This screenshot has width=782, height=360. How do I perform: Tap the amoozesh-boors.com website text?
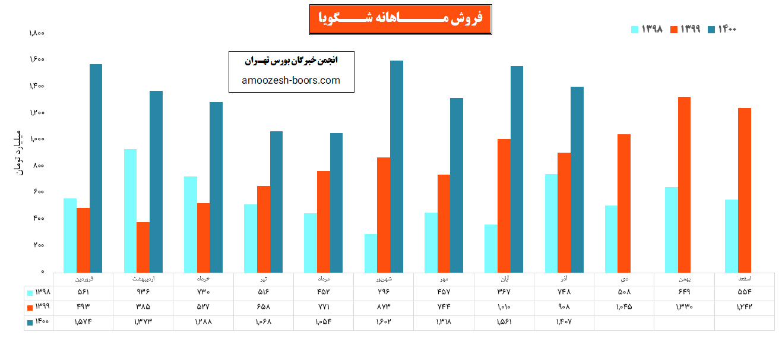291,80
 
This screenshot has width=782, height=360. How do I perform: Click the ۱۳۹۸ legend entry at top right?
647,29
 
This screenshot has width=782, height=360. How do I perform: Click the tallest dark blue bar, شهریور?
397,166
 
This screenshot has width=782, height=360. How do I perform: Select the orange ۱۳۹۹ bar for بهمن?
684,184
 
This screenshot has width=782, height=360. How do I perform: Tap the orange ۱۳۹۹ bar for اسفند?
745,190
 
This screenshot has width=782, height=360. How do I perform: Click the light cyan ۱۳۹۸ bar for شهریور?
371,252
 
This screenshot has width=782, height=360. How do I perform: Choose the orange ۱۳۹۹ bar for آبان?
504,205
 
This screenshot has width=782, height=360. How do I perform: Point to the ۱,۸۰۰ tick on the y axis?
37,33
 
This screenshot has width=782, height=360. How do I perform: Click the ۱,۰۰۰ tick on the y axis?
37,140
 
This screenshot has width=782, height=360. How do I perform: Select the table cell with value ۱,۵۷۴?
83,322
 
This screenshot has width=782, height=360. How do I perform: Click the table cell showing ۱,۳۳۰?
684,307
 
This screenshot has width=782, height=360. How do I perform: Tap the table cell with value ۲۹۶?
384,292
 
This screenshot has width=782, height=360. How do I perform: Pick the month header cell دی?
624,278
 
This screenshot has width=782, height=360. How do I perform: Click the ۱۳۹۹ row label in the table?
39,307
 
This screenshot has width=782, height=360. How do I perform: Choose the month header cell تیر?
263,278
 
